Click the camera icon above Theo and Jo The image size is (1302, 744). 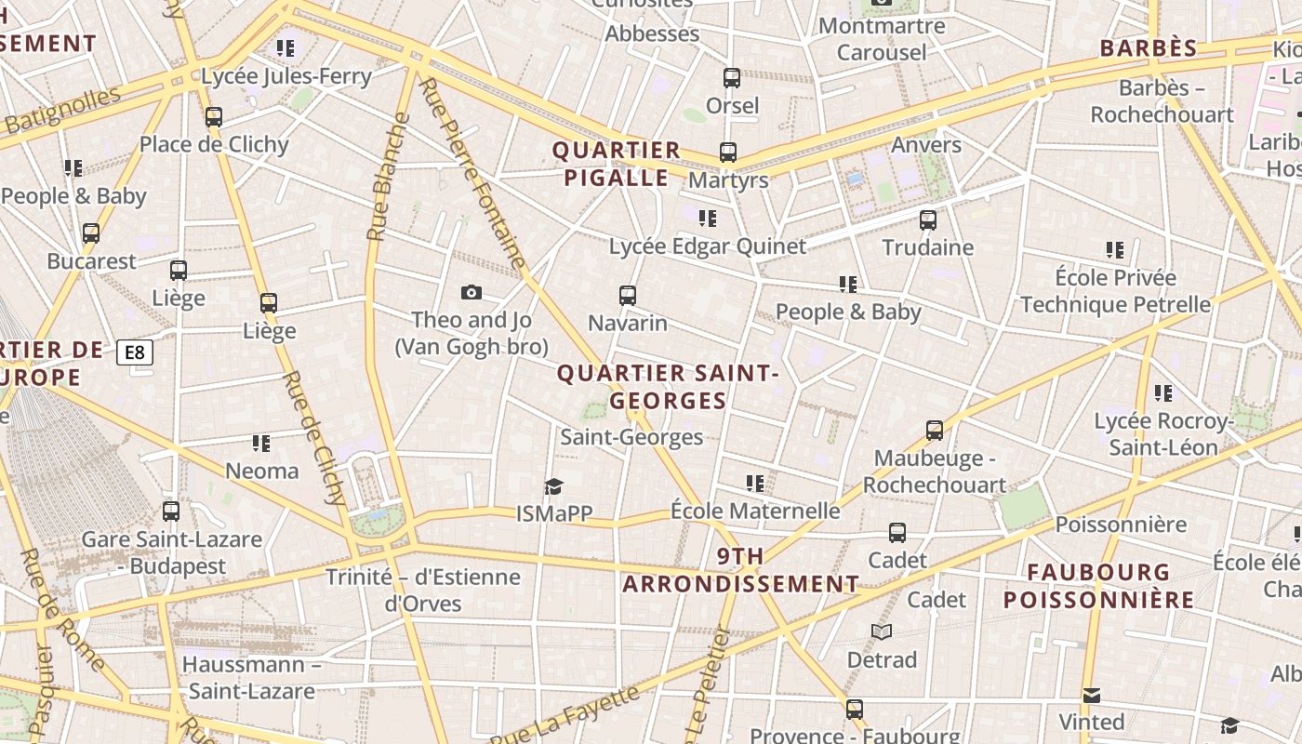(472, 293)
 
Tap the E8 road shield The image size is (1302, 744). (135, 352)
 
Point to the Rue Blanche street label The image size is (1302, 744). (388, 177)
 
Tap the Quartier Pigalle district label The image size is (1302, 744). (616, 164)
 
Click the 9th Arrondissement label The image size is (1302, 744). (740, 570)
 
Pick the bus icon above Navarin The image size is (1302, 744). (628, 296)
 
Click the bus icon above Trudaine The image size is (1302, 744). (927, 220)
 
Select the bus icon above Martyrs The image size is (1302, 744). (727, 152)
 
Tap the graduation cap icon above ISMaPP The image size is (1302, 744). (554, 486)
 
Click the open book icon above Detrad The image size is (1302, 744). (882, 632)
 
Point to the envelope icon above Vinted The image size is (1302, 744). (1092, 695)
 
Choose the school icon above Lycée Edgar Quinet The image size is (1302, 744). (708, 219)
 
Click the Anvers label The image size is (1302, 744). (926, 145)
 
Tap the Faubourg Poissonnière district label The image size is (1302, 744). (1098, 586)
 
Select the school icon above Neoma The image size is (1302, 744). (261, 444)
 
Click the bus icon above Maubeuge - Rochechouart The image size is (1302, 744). (935, 431)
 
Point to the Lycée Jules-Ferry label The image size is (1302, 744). (286, 76)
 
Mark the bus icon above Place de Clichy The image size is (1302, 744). (214, 117)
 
